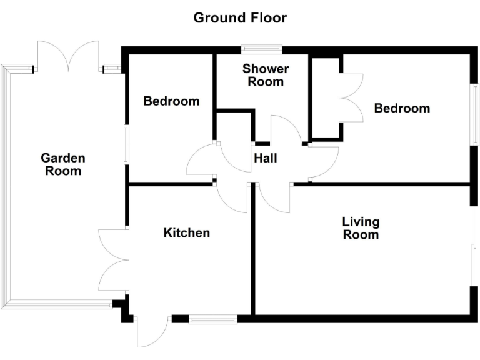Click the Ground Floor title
pos(240,17)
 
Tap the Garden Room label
pos(63,164)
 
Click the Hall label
pos(265,159)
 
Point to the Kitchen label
pos(186,233)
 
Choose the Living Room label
pos(361,228)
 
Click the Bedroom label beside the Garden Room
pos(171,101)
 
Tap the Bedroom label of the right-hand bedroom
pos(402,108)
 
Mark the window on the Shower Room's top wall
pos(261,48)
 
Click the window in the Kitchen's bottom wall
pos(212,319)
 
